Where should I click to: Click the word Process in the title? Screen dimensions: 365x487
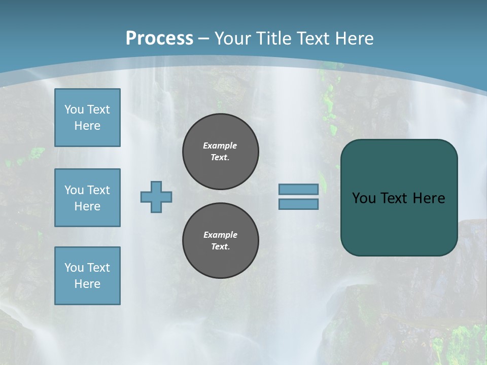[x=159, y=39]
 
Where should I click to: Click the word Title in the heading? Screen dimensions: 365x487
[x=275, y=39]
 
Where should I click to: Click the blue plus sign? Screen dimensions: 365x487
[x=156, y=197]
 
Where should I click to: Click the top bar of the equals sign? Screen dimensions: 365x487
[x=298, y=189]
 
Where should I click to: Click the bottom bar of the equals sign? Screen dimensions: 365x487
[x=298, y=204]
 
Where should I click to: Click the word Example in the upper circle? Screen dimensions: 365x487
[x=220, y=145]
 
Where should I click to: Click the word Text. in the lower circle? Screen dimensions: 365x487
[x=220, y=247]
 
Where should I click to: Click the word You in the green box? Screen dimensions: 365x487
[x=363, y=198]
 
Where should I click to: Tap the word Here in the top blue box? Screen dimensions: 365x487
[x=87, y=126]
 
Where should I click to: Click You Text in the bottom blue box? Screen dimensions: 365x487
[x=87, y=268]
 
